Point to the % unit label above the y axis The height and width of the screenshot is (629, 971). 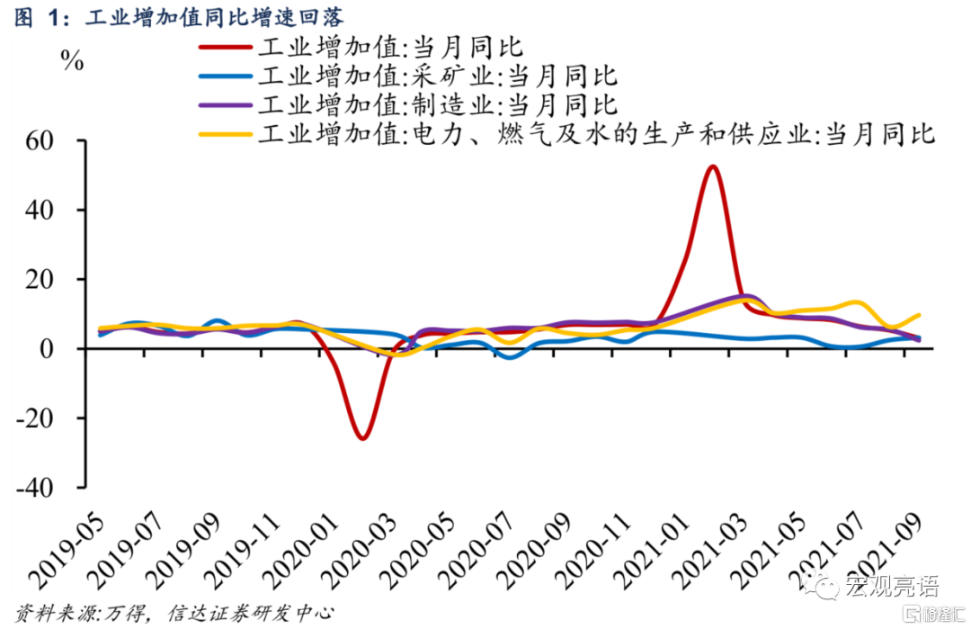tap(72, 63)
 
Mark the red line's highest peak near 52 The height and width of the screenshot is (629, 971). tap(712, 166)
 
